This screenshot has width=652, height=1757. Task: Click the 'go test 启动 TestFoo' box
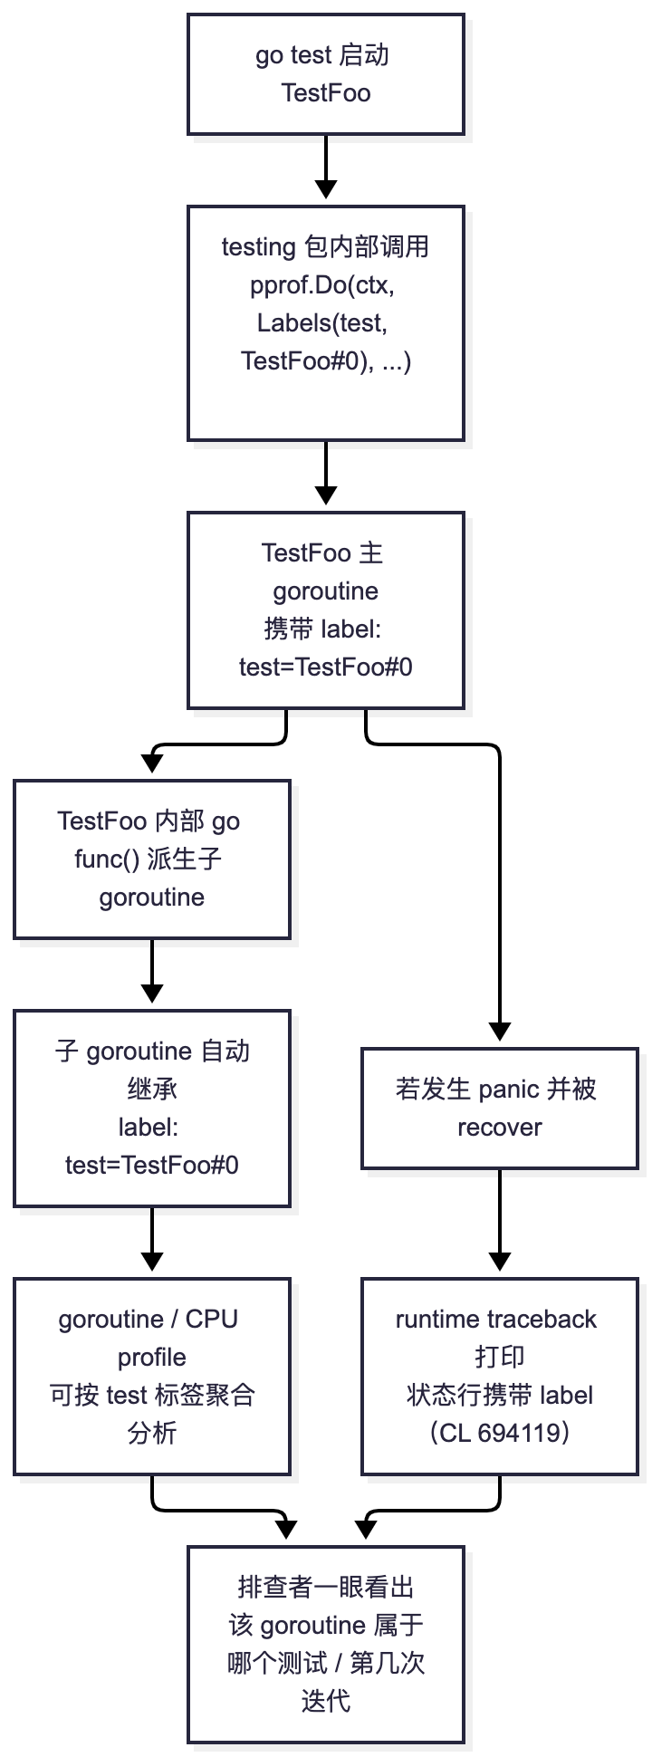click(326, 74)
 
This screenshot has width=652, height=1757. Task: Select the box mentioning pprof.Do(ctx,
click(326, 323)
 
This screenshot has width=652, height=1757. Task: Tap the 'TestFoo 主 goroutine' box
click(326, 610)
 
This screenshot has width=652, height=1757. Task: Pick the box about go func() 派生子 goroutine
click(152, 859)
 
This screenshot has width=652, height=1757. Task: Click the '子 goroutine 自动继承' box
click(152, 1109)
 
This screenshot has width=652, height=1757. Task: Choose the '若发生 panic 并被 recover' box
click(500, 1109)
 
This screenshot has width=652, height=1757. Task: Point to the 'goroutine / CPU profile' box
click(152, 1377)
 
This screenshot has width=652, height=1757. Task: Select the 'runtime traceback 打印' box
click(500, 1377)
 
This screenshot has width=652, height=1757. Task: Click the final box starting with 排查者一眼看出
click(326, 1645)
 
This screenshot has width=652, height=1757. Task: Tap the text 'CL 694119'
click(499, 1433)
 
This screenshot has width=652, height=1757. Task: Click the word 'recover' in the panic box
click(500, 1128)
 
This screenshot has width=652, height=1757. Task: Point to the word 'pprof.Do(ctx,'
click(322, 285)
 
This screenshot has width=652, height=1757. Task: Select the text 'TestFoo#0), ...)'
click(326, 361)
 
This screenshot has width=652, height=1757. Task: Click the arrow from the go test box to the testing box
click(326, 167)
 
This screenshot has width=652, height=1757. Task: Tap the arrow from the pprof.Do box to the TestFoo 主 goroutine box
click(326, 473)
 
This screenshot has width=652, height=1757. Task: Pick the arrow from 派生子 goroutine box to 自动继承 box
click(152, 971)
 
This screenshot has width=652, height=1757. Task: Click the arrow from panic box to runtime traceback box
click(500, 1220)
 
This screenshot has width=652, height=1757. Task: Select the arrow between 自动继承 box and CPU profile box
click(152, 1239)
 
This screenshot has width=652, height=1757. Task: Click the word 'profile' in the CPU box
click(152, 1358)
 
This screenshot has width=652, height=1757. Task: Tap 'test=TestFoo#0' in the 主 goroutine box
click(326, 667)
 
